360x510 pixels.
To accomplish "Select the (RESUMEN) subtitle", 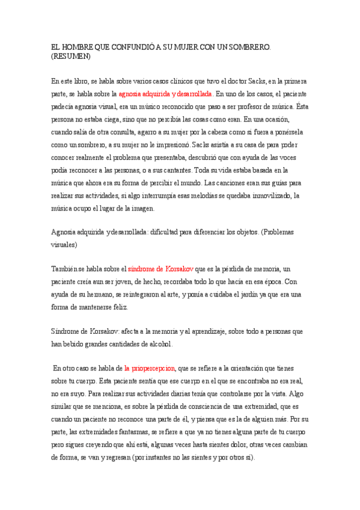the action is click(71, 57).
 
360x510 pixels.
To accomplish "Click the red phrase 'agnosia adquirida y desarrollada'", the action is click(165, 94).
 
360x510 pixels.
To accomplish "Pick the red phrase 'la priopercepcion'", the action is click(150, 368).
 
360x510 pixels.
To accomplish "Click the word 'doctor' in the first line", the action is click(229, 81).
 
